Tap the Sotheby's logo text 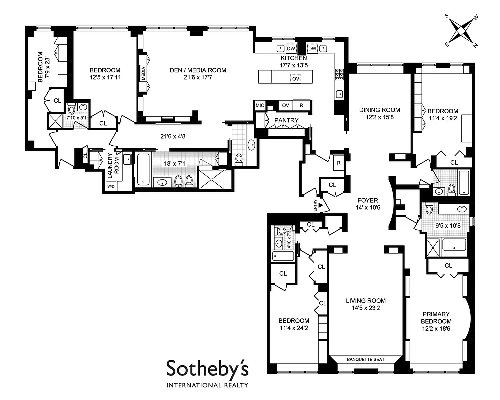[206, 369]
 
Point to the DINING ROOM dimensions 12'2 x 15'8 [380, 118]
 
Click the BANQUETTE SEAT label [366, 358]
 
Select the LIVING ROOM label [366, 301]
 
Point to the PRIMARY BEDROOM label [435, 318]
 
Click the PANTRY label [286, 120]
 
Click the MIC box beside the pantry [259, 105]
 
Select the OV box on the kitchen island [296, 79]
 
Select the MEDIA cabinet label [143, 73]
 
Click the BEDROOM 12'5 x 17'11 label [105, 74]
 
